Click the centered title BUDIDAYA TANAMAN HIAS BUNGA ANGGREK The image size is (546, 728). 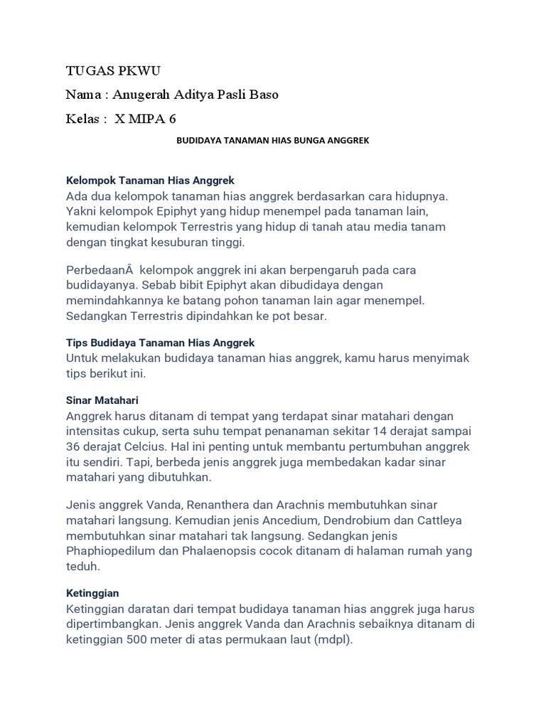pos(272,141)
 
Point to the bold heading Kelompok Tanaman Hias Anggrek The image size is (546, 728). pos(150,181)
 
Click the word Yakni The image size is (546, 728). pos(81,211)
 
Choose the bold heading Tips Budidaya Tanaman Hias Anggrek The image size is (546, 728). pos(160,343)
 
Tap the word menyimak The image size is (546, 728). pos(440,358)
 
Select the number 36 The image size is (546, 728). pos(74,446)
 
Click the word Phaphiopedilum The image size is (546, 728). pos(112,551)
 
